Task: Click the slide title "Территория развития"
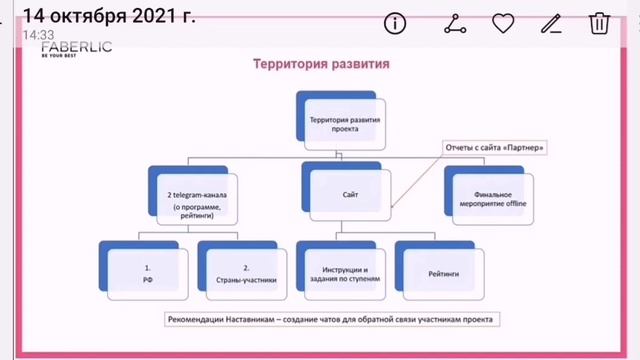tap(319, 65)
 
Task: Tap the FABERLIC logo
tap(76, 47)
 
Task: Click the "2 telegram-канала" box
tap(195, 193)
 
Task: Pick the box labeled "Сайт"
tap(346, 188)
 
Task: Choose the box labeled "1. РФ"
tap(145, 268)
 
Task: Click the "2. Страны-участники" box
tap(244, 268)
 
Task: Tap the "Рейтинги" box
tap(441, 268)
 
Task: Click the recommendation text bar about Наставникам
tap(332, 319)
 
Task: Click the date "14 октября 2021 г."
tap(108, 15)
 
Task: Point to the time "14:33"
tap(38, 34)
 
